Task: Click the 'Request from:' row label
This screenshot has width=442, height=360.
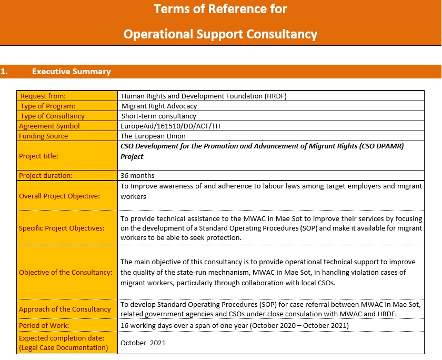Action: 43,96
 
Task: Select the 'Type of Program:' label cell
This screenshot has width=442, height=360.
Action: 48,106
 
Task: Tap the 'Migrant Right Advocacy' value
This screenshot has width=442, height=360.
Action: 159,106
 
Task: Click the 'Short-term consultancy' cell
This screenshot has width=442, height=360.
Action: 158,116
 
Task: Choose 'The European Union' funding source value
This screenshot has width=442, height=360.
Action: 153,136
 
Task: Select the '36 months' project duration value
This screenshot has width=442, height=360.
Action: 138,175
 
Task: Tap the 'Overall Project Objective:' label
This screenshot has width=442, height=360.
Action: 59,196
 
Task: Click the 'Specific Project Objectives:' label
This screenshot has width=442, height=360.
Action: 62,228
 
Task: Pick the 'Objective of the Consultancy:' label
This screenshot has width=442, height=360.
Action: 66,272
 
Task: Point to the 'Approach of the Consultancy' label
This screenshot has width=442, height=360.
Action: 65,309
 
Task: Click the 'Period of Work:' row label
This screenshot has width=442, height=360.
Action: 44,325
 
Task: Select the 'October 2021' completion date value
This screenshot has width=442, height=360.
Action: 143,343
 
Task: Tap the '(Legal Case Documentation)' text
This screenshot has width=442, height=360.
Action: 63,347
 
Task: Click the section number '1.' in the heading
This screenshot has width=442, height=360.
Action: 4,72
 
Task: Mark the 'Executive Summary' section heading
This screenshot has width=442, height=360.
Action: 72,72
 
